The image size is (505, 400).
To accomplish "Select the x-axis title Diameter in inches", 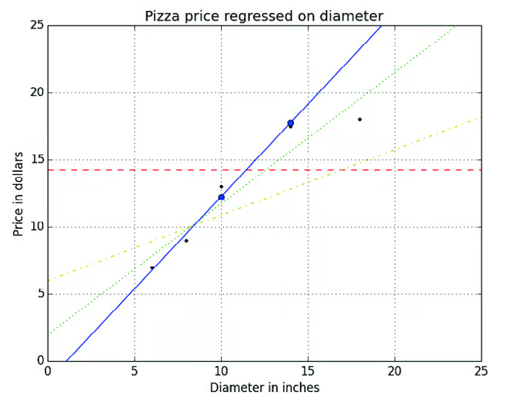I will pyautogui.click(x=265, y=387).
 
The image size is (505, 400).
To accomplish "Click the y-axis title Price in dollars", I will pyautogui.click(x=19, y=194).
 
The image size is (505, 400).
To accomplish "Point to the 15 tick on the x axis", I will pyautogui.click(x=308, y=371).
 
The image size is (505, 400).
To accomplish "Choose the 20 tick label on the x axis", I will pyautogui.click(x=395, y=371).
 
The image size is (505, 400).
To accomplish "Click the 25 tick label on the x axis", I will pyautogui.click(x=481, y=371).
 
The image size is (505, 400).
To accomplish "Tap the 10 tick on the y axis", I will pyautogui.click(x=34, y=227).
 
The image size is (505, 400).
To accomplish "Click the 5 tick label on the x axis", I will pyautogui.click(x=135, y=371).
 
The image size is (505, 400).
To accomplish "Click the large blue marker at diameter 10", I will pyautogui.click(x=221, y=197).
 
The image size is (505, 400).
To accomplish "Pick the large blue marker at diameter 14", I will pyautogui.click(x=290, y=123).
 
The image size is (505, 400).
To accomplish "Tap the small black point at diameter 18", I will pyautogui.click(x=359, y=119).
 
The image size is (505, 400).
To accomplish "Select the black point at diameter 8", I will pyautogui.click(x=186, y=240).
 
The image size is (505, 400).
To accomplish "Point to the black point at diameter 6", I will pyautogui.click(x=151, y=268).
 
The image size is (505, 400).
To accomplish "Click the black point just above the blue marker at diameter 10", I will pyautogui.click(x=221, y=186).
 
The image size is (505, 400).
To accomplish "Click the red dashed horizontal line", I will pyautogui.click(x=412, y=170).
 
